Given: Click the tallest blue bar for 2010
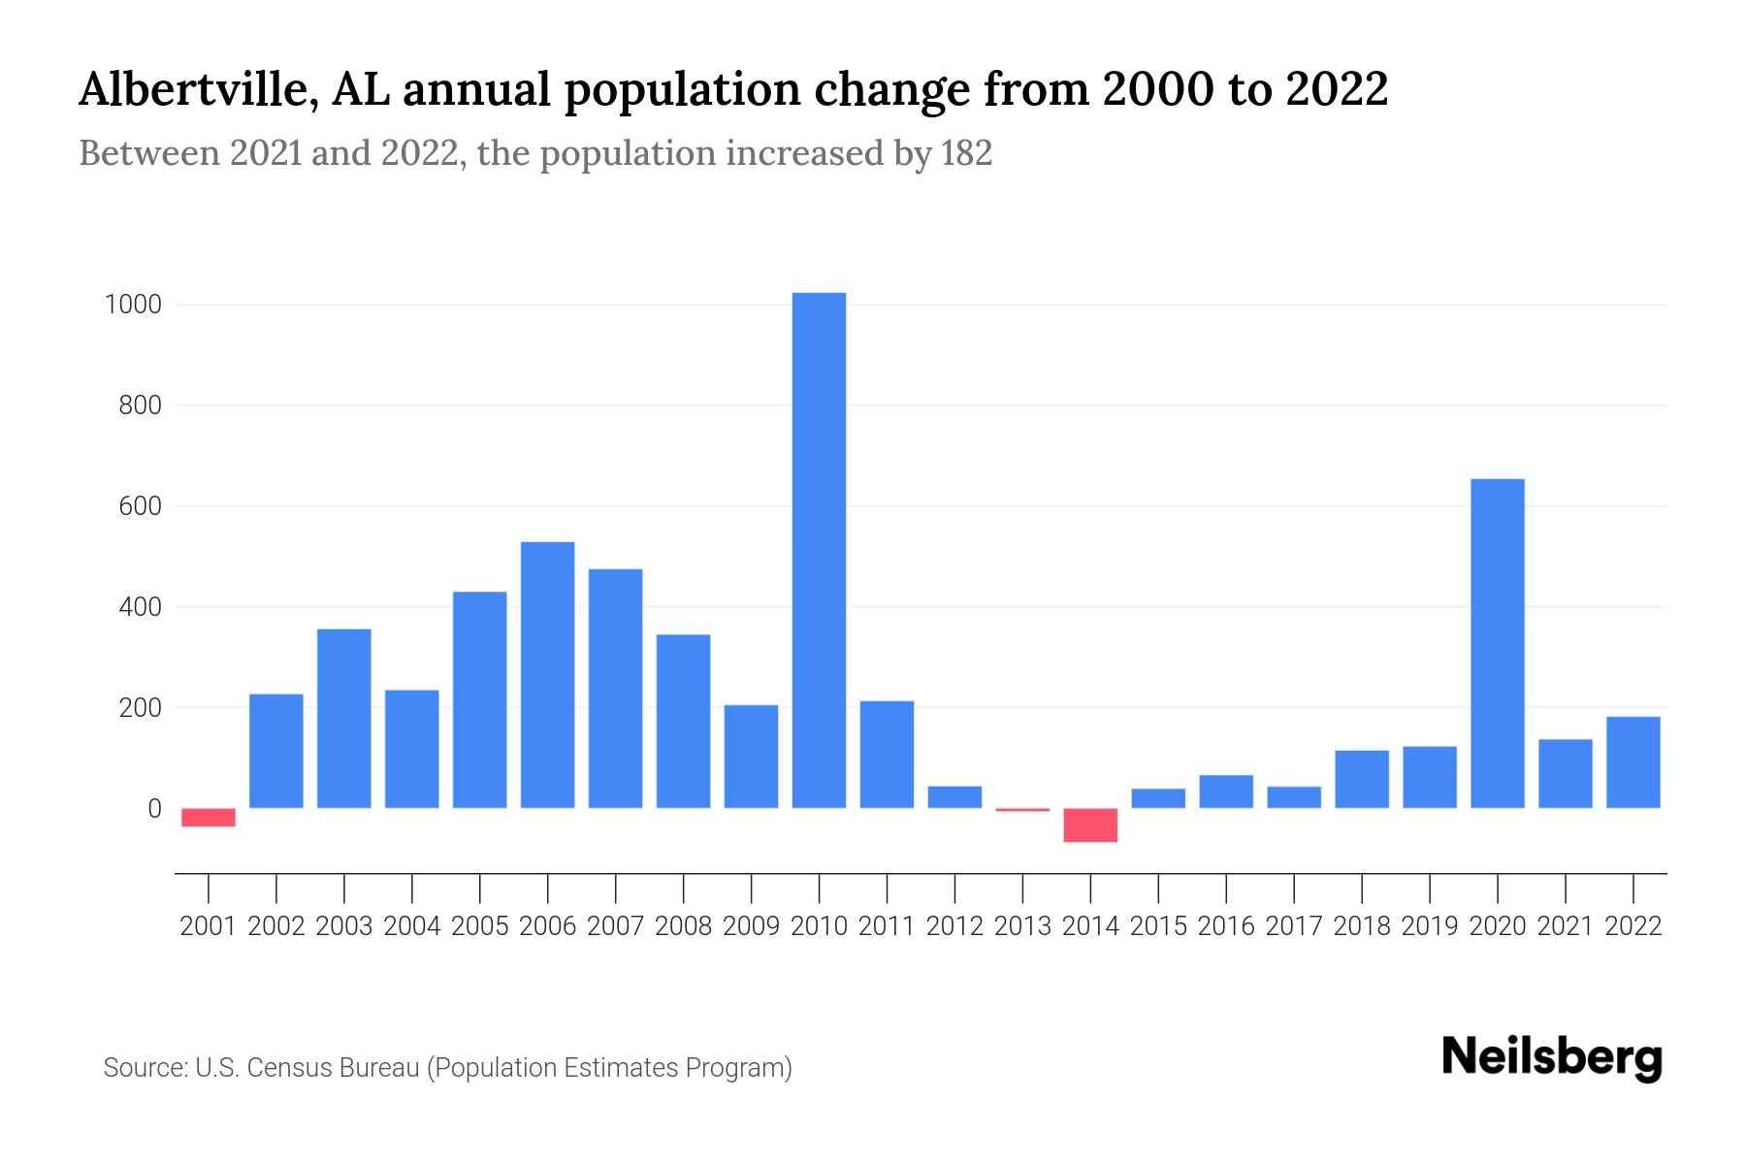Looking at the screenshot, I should pos(819,550).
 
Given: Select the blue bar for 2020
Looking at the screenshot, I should pos(1497,643).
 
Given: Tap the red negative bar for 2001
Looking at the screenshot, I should pos(209,818).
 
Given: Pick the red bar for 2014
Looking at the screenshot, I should pos(1090,824).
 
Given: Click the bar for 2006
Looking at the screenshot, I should pos(547,674).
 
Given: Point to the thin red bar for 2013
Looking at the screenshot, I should pos(1022,809).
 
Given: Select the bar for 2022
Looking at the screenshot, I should pos(1633,762).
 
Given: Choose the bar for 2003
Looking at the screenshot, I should pos(344,718).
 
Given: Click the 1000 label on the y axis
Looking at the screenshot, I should pos(133,305).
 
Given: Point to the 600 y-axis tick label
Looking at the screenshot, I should pos(140,506).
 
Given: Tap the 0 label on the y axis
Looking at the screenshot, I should pos(154,808).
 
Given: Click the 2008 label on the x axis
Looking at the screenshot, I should pos(683,926).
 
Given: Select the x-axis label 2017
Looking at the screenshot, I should pos(1293,926).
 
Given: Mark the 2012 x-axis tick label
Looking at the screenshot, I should pos(954,926).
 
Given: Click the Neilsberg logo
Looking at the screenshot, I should pos(1551,1057).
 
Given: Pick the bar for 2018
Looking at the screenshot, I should pos(1361,779).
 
